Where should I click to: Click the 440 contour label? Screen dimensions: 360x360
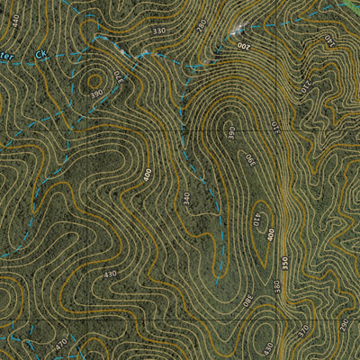click(x=13, y=16)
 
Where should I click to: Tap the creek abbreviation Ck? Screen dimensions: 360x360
click(x=40, y=55)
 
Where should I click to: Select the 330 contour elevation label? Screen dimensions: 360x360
click(x=159, y=31)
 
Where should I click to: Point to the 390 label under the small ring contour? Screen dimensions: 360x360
click(x=94, y=93)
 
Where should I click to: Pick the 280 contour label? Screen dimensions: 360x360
click(x=201, y=24)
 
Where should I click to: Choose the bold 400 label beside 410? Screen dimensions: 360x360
click(x=270, y=235)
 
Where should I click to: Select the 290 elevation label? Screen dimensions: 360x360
click(x=342, y=321)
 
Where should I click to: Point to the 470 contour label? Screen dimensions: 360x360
click(x=60, y=343)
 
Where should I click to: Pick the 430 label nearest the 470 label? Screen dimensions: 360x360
click(x=110, y=274)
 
